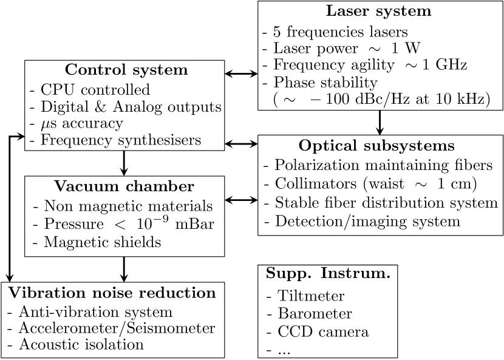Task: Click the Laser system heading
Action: point(379,11)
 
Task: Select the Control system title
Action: point(126,70)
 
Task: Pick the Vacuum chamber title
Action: point(123,186)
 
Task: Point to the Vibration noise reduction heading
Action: point(112,293)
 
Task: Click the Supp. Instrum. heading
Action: point(328,274)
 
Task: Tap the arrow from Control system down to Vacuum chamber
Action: point(124,163)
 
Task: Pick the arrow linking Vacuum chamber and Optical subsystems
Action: point(241,199)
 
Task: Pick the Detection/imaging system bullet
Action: point(367,221)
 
